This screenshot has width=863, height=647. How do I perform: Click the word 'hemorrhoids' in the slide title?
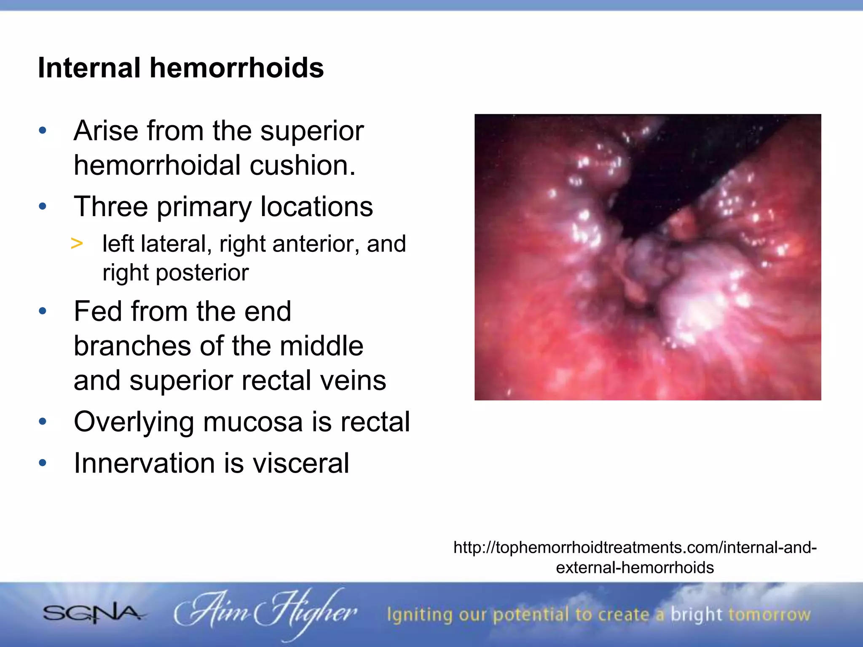click(x=236, y=68)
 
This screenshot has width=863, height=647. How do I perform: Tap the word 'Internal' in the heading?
click(x=89, y=68)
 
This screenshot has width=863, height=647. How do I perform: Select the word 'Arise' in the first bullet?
click(x=106, y=131)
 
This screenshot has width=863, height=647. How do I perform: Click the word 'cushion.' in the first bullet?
click(x=302, y=165)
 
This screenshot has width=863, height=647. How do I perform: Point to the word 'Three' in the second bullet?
click(x=111, y=206)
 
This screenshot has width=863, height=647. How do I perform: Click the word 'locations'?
click(x=316, y=206)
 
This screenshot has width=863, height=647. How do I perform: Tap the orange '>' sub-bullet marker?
click(x=77, y=243)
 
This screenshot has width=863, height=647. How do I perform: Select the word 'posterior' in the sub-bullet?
click(x=202, y=273)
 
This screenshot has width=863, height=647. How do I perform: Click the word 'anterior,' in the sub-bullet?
click(x=316, y=244)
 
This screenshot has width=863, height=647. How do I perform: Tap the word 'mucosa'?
click(x=252, y=422)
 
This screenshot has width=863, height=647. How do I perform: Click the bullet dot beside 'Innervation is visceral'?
click(x=43, y=463)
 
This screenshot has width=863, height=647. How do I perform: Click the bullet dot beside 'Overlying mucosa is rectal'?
click(x=43, y=422)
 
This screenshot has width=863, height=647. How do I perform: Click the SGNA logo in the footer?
click(x=92, y=614)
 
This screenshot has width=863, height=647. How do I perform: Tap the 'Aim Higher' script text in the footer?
click(x=265, y=613)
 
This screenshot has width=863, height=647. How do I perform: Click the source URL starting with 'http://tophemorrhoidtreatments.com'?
click(x=635, y=548)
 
